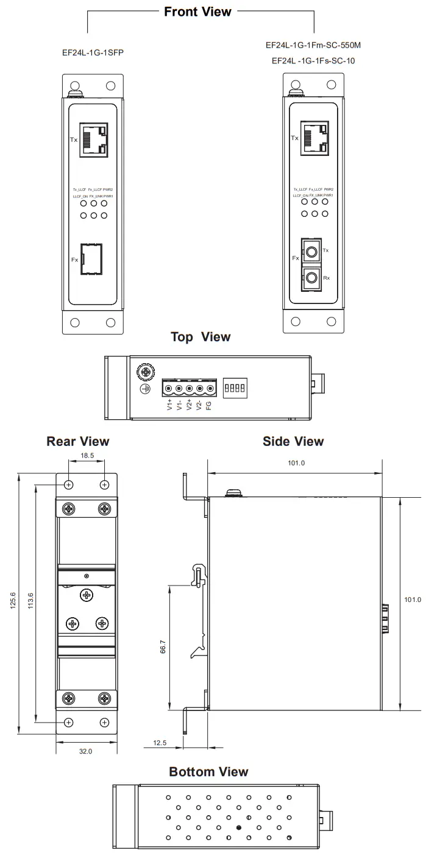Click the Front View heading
[197, 12]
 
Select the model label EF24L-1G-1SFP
[93, 53]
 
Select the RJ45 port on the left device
[94, 139]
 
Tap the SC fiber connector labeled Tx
[312, 251]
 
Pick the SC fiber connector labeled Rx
[312, 278]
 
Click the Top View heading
[201, 337]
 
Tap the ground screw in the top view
[147, 371]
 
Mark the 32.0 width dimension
[86, 751]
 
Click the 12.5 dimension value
[160, 743]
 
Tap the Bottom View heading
[208, 772]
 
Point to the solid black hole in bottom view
[238, 827]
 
